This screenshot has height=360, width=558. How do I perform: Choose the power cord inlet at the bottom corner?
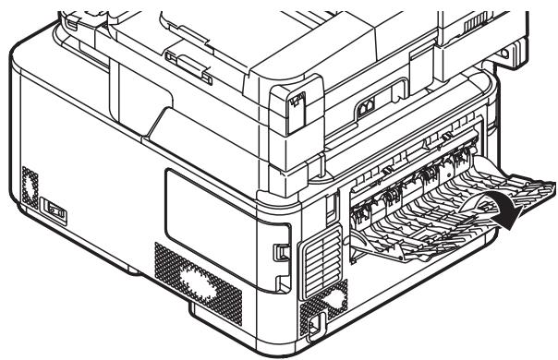click(315, 322)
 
